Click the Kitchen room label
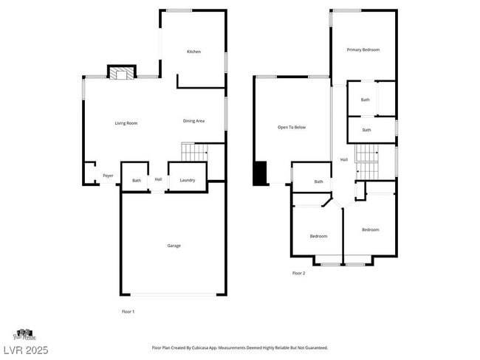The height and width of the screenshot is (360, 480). [193, 52]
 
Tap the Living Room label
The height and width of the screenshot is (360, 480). [126, 123]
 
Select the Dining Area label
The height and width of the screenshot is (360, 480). [193, 121]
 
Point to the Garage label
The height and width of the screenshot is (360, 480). [174, 246]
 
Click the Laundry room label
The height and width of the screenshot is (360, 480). [187, 180]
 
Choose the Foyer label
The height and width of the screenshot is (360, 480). [108, 176]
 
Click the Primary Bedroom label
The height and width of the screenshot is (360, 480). [363, 49]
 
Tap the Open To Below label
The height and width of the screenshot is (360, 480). [292, 128]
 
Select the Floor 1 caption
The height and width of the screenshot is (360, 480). [128, 311]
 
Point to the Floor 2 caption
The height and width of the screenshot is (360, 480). [298, 273]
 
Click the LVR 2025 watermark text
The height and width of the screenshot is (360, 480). [24, 350]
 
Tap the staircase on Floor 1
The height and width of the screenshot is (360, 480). [193, 153]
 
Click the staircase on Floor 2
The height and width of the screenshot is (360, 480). [367, 162]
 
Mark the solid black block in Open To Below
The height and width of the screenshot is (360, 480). [260, 173]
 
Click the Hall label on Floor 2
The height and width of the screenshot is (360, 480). [343, 159]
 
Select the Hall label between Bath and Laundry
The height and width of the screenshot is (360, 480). [158, 179]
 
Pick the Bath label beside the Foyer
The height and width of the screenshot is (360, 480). [137, 181]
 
